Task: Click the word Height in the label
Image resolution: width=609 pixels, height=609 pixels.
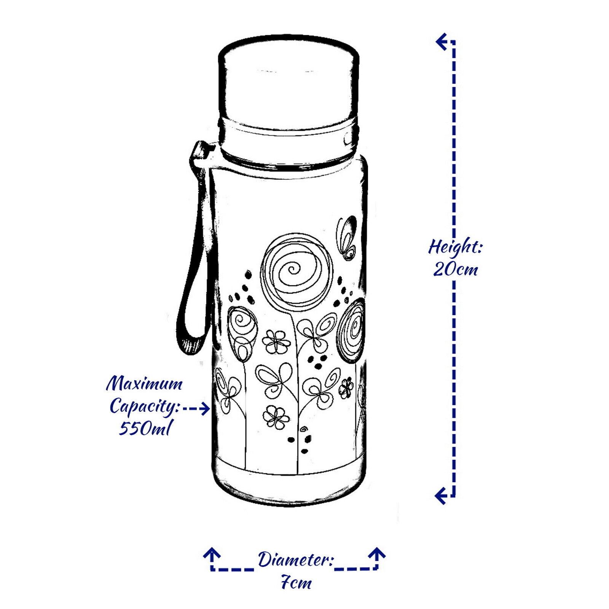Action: pos(455,248)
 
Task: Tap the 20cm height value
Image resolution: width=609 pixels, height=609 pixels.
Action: pos(456,269)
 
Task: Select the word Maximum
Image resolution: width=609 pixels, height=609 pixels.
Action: pos(144,384)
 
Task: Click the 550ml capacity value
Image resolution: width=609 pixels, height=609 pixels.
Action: pos(144,429)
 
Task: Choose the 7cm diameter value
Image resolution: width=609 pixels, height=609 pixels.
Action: pos(296,583)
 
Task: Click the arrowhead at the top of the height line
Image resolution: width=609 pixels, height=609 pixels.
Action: pos(442,41)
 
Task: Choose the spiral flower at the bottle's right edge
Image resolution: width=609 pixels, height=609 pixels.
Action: pos(354,329)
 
